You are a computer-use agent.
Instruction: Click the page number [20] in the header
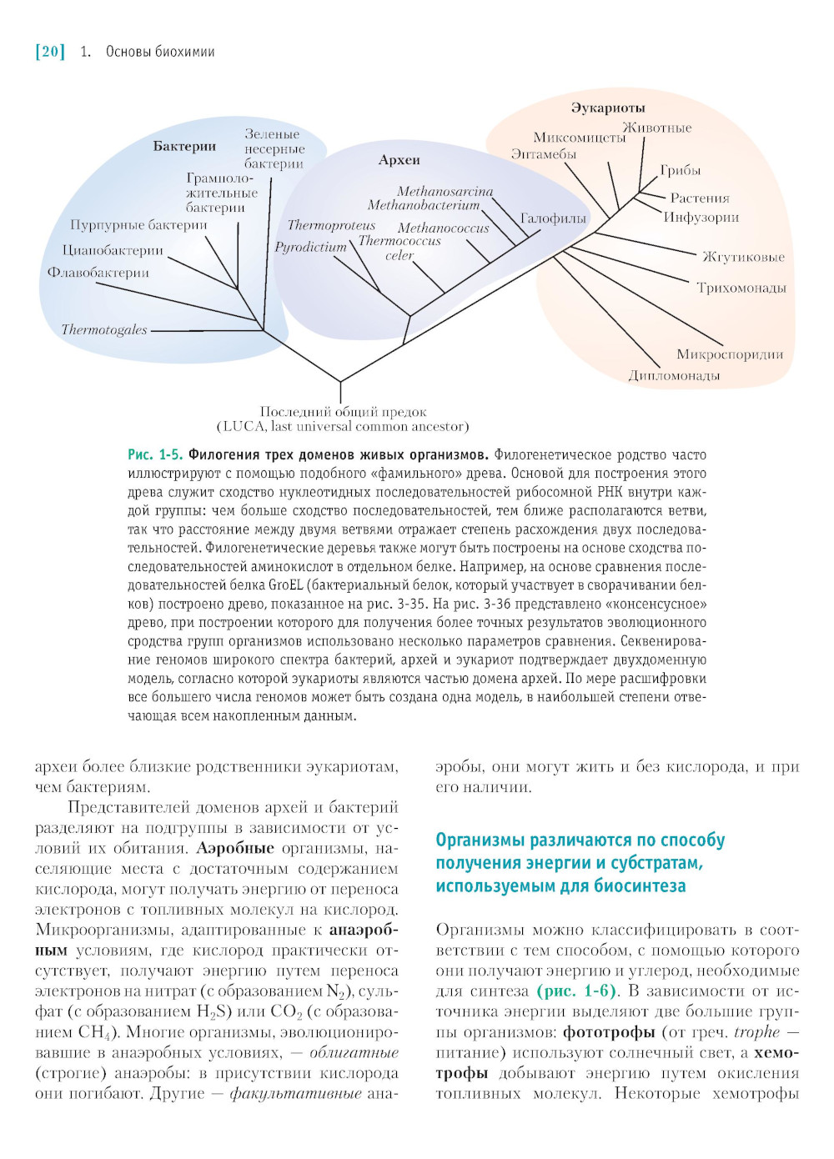pos(50,52)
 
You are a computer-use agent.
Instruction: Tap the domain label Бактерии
pos(184,147)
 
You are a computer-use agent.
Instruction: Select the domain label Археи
pos(399,160)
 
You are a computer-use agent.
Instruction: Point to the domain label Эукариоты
pos(608,108)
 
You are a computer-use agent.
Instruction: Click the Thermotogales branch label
pos(104,330)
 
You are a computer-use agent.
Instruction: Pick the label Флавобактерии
pos(98,273)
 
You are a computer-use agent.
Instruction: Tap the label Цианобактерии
pos(113,250)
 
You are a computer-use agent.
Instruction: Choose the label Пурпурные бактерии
pos(138,225)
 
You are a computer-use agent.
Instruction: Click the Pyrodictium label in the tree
pos(310,248)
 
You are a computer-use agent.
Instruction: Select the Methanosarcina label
pos(445,192)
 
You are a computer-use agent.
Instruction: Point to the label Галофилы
pos(553,218)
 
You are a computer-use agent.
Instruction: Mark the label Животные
pos(657,128)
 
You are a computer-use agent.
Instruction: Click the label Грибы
pos(681,171)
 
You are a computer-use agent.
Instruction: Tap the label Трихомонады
pos(741,288)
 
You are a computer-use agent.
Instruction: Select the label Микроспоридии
pos(730,355)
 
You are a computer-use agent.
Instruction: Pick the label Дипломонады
pos(674,376)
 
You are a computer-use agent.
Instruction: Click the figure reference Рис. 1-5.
pos(155,455)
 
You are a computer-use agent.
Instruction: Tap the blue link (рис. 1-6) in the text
pos(577,991)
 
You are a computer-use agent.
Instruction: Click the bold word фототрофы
pos(609,1032)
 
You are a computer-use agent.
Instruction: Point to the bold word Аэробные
pos(235,849)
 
